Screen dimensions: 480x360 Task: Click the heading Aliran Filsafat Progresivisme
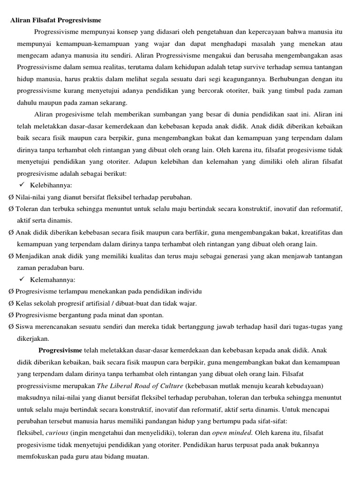[56, 20]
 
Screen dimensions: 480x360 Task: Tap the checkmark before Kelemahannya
[22, 280]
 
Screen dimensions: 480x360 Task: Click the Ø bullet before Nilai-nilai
[11, 197]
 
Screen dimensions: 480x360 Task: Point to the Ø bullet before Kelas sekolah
[11, 303]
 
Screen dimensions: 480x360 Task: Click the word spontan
[151, 315]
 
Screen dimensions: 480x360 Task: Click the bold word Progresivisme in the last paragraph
[60, 350]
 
